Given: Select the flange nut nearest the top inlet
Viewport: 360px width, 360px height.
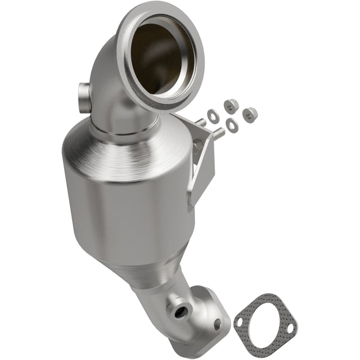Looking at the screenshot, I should click(x=230, y=105).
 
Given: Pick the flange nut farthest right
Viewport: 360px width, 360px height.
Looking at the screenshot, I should click(x=250, y=114).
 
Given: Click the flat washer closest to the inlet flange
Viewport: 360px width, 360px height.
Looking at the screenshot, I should click(x=213, y=116).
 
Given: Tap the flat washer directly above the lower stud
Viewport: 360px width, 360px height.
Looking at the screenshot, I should click(x=231, y=125).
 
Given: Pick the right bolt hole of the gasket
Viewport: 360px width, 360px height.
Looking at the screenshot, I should click(x=290, y=328).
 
